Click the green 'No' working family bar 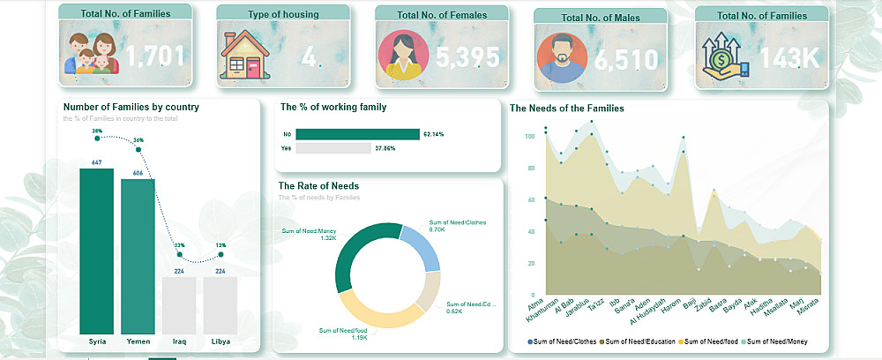tap(357, 134)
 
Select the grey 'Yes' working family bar tap(333, 148)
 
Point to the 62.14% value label tap(434, 134)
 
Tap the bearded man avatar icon tap(561, 57)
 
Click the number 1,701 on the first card tap(156, 56)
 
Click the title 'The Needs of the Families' tap(567, 109)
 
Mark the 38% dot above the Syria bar tap(97, 138)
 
